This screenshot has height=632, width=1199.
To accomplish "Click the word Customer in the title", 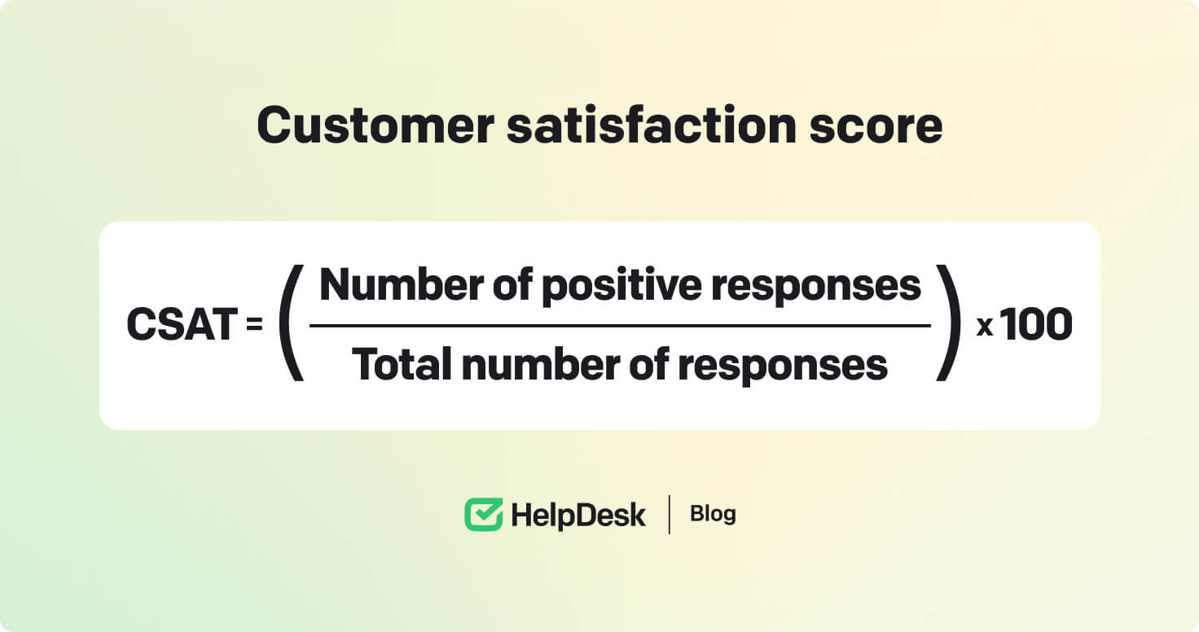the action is [x=376, y=125].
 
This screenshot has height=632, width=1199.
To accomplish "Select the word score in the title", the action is [x=876, y=127].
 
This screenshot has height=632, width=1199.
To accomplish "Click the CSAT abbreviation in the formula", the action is [x=182, y=324].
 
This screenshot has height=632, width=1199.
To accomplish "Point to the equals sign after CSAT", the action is [x=254, y=324].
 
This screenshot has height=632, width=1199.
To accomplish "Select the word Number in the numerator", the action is [x=402, y=285].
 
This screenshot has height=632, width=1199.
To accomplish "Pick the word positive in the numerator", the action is [x=621, y=287].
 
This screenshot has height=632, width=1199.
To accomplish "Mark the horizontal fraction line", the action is [x=621, y=325].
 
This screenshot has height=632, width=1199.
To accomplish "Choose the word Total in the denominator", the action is [x=402, y=364].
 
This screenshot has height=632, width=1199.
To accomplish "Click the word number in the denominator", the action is [x=540, y=364].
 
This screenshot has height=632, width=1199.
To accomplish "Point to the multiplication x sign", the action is [x=985, y=326].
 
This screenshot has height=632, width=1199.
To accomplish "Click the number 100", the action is [x=1037, y=324].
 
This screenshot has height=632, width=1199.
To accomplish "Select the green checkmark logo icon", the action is [x=484, y=514].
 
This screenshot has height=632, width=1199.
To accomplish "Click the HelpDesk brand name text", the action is [x=578, y=516].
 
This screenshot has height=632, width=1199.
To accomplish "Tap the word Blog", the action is [x=713, y=514].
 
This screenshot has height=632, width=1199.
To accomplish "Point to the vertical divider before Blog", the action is [x=669, y=515].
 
